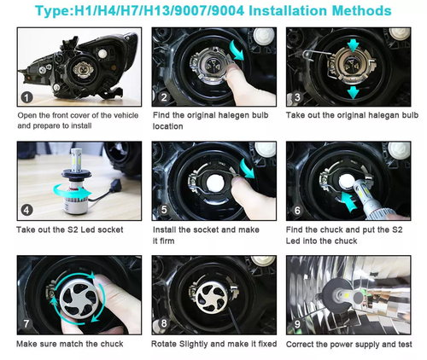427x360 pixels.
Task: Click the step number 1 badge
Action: coord(27,96)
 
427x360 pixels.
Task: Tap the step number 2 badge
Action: coord(163,96)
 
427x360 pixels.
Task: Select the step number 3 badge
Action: coord(297,96)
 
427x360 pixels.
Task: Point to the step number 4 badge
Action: coord(27,210)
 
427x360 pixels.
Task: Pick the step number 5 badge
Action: coord(163,210)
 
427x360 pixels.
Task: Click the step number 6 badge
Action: coord(297,210)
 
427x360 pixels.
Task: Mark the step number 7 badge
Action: coord(27,324)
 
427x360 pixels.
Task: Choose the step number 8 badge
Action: coord(163,324)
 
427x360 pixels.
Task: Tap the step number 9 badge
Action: coord(298,324)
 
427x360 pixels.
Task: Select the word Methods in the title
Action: coord(359,12)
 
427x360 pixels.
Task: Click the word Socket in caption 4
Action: coord(113,229)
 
